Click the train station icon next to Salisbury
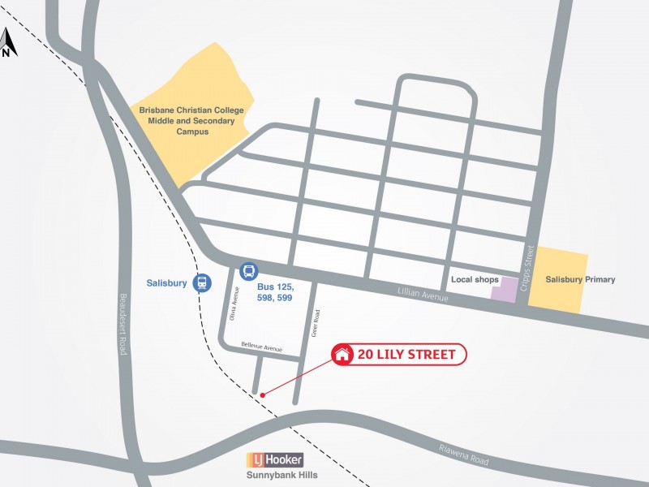[201, 283]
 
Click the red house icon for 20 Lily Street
[342, 354]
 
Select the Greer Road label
[317, 322]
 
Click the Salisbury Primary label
[580, 279]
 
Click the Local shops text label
[475, 279]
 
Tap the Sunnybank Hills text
[282, 476]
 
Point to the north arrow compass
[6, 44]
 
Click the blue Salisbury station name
[166, 283]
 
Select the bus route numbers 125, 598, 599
[274, 293]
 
